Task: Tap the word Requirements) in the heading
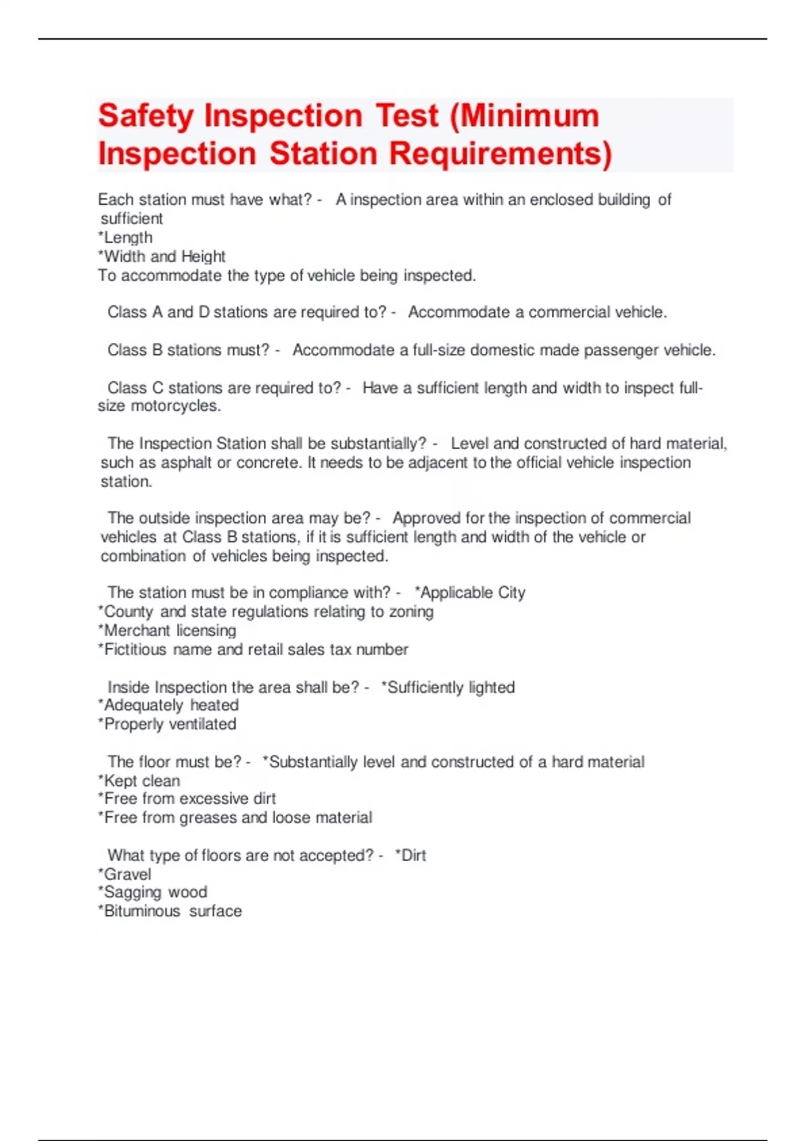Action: click(501, 154)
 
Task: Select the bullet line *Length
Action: click(126, 238)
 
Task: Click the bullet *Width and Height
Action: click(162, 256)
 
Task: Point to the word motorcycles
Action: click(175, 406)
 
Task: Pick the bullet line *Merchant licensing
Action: click(167, 631)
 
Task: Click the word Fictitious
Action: click(135, 650)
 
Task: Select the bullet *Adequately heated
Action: click(169, 705)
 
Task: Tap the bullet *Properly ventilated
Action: click(167, 724)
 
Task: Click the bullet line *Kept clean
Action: click(139, 781)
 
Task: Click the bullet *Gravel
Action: click(125, 875)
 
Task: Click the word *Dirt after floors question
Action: click(411, 856)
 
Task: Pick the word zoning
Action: click(411, 612)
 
